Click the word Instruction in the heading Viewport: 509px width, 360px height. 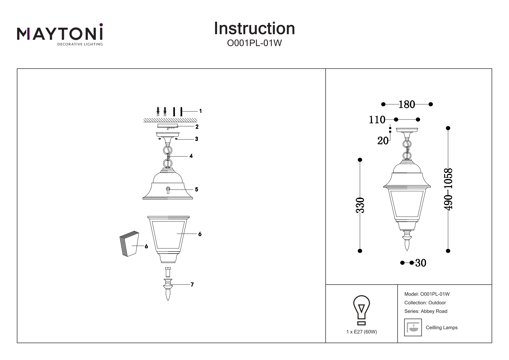point(254,28)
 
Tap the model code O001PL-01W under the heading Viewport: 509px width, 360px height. point(254,43)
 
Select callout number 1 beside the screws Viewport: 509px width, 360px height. point(200,111)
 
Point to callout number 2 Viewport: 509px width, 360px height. point(197,127)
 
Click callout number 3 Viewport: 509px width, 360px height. point(196,139)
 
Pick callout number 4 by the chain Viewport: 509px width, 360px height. point(191,156)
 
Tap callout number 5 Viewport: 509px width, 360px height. point(196,189)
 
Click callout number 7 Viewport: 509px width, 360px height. point(192,285)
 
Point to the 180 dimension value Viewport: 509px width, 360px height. point(407,104)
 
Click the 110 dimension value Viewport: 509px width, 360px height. point(377,120)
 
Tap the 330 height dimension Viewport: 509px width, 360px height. point(360,205)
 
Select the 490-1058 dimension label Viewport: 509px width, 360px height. point(448,189)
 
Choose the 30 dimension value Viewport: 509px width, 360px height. point(421,263)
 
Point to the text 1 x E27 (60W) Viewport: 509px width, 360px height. point(362,332)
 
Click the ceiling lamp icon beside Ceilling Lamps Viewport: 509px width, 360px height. point(413,328)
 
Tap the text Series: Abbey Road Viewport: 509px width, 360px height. point(426,311)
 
